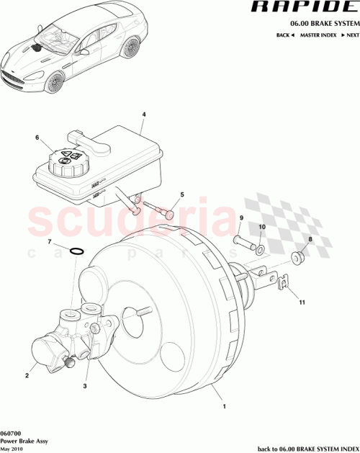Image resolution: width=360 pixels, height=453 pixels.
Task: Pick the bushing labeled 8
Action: click(x=297, y=257)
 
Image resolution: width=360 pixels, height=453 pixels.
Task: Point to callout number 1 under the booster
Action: click(x=225, y=407)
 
